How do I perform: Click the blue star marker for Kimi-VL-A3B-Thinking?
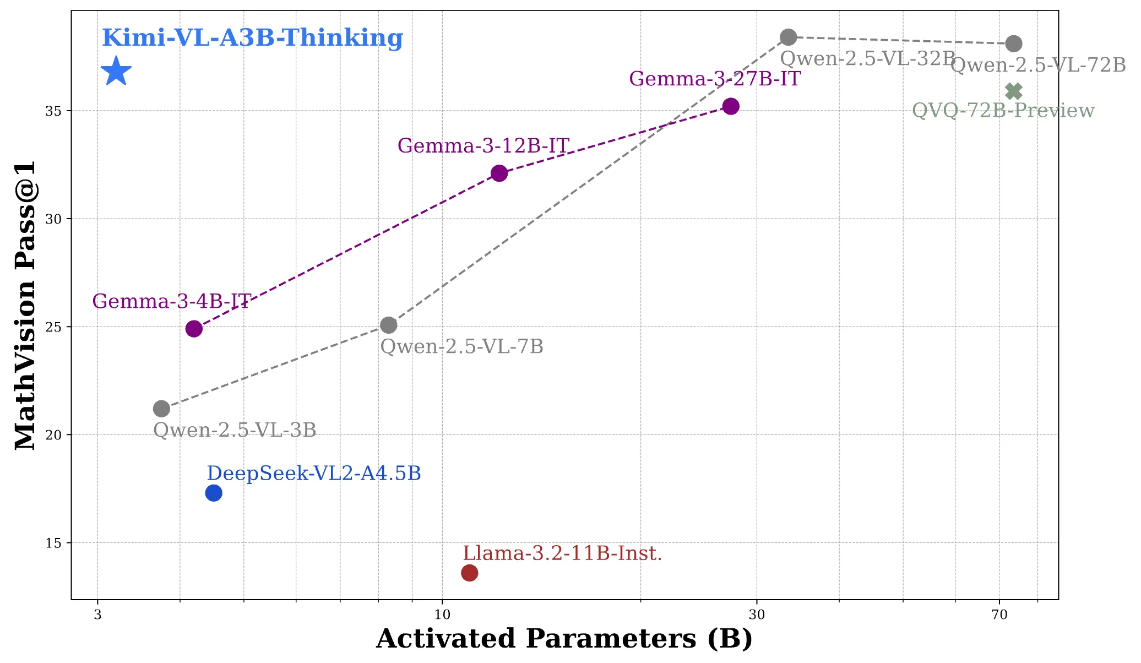(116, 72)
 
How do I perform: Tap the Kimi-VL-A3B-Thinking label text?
(253, 38)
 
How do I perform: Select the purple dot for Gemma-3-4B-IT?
(194, 329)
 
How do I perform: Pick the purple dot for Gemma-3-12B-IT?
(499, 173)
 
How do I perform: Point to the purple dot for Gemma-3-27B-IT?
(731, 106)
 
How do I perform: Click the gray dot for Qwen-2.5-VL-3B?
(161, 409)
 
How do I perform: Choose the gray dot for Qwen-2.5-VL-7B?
(389, 325)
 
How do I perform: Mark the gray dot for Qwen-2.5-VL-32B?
(789, 37)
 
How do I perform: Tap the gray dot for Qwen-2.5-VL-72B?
(1014, 44)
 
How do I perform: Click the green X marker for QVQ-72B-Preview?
(1014, 91)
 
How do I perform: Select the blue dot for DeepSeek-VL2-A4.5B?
(214, 493)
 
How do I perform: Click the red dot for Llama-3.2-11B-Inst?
(469, 573)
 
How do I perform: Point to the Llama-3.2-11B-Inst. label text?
(562, 553)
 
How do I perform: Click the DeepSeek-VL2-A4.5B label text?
(314, 473)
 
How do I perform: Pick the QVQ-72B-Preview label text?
(1003, 111)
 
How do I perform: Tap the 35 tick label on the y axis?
(53, 111)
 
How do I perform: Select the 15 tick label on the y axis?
(53, 543)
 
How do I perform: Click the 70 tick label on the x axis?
(999, 615)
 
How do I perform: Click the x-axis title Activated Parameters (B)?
(564, 639)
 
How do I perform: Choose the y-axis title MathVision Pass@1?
(25, 305)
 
